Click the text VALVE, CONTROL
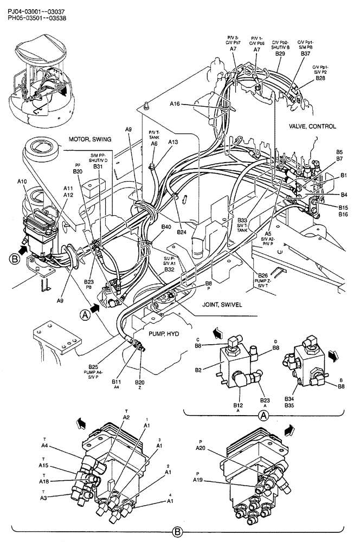click(312, 126)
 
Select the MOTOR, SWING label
click(89, 139)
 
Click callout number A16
click(175, 103)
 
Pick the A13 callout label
click(173, 142)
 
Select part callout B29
click(280, 54)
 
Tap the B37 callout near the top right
click(305, 54)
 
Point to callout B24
click(181, 232)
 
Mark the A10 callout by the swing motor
click(22, 182)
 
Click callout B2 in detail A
click(198, 370)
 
